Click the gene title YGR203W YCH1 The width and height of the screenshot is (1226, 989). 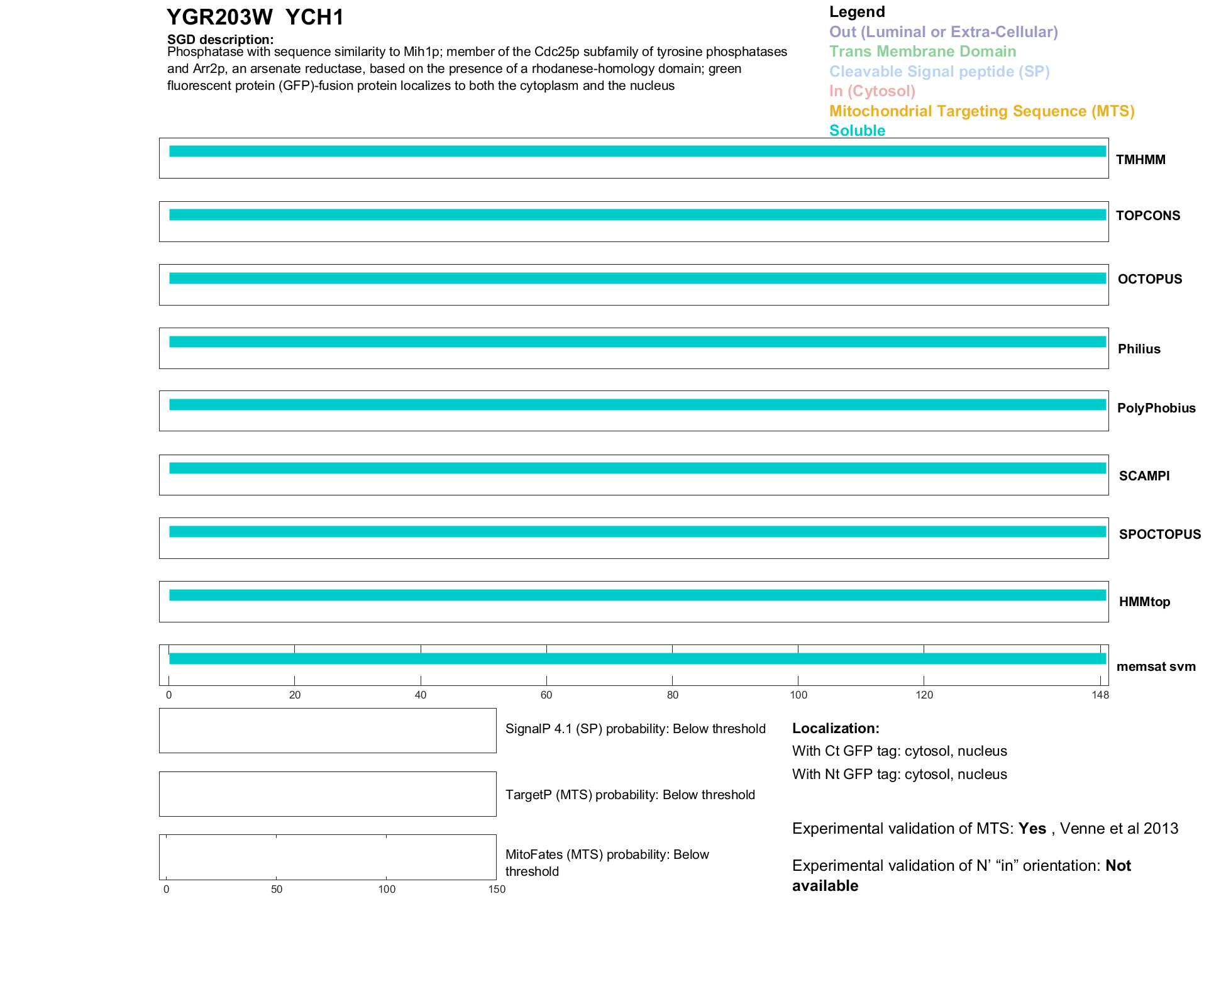tap(255, 18)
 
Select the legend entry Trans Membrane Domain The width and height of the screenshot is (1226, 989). tap(922, 52)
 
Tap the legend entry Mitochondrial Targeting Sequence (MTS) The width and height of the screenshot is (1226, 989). tap(981, 111)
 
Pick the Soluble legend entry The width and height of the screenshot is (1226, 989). tap(857, 131)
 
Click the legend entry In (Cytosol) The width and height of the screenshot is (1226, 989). tap(872, 91)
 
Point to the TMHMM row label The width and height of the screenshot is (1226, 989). tap(1140, 160)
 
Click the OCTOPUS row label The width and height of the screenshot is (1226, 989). tap(1149, 279)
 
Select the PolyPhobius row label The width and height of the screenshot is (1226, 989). tap(1156, 408)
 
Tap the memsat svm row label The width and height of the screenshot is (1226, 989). tap(1156, 666)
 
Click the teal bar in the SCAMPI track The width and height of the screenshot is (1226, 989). tap(637, 468)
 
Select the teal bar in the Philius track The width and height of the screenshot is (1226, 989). tap(637, 342)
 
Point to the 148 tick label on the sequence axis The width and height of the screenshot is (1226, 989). tap(1100, 695)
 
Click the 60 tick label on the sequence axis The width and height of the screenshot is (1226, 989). tap(546, 695)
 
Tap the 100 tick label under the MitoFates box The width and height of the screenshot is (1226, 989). tap(387, 889)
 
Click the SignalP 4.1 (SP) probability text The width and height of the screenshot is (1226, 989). tap(635, 729)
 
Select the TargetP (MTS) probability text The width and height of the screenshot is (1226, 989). tap(630, 795)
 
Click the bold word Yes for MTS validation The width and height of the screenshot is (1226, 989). tap(1032, 829)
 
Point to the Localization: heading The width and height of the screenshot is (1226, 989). tap(836, 729)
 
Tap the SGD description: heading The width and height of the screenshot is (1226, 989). tap(220, 40)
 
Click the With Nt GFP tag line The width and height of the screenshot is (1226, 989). tap(899, 775)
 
